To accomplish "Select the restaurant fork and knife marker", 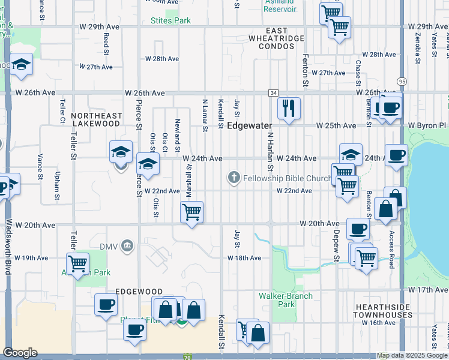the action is click(289, 108).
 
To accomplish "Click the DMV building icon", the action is click(127, 245).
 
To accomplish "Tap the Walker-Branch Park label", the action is click(277, 300).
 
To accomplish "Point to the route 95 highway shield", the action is click(402, 81).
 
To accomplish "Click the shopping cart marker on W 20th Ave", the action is click(192, 212).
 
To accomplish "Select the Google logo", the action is click(20, 353).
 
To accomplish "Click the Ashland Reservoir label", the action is click(280, 5).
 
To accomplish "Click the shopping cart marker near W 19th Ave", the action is click(78, 263).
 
